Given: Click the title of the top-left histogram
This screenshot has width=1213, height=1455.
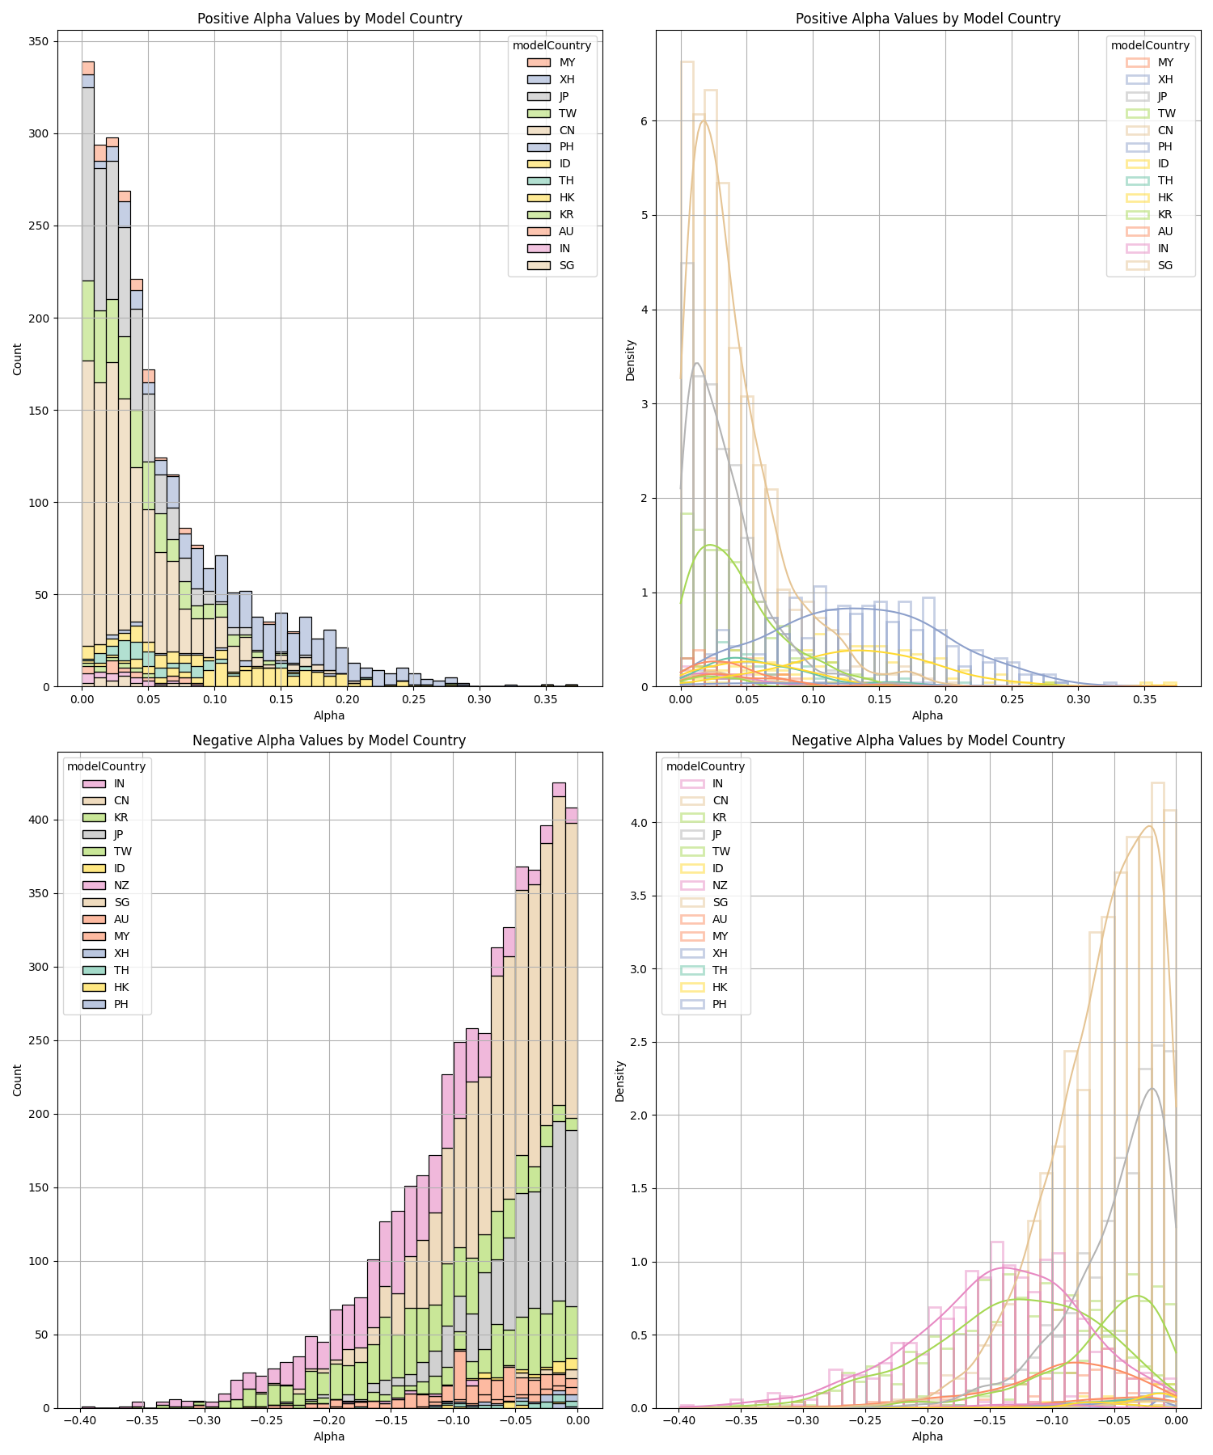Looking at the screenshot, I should click(329, 19).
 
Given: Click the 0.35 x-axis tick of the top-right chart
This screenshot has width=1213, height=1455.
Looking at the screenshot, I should click(1144, 698).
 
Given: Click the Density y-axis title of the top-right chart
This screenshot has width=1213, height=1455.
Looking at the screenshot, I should click(631, 360).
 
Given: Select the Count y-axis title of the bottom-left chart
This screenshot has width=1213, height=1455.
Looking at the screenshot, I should click(18, 1080).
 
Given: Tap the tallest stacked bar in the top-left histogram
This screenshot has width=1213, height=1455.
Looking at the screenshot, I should click(87, 373).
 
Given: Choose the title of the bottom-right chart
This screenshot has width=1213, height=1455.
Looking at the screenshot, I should click(928, 740).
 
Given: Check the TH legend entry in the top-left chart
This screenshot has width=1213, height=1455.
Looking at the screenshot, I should click(566, 180).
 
